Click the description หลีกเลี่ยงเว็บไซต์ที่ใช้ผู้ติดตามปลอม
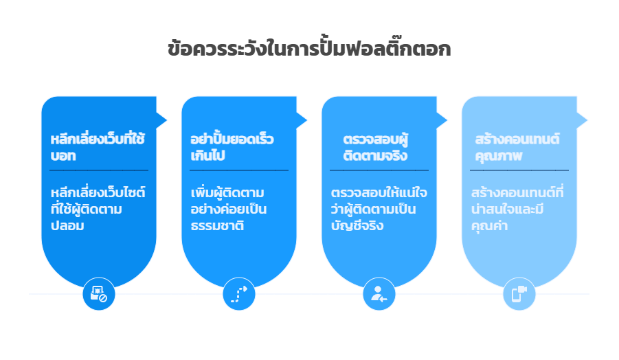[98, 208]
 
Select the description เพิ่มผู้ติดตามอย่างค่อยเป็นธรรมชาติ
[229, 208]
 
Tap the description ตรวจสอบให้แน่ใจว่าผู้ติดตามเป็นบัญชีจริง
[379, 208]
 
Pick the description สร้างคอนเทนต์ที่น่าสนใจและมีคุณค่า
[517, 208]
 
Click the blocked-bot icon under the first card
[99, 294]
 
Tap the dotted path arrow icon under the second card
[239, 294]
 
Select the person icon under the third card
[379, 294]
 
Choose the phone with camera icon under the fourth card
[519, 294]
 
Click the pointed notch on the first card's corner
[162, 120]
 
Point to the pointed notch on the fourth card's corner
[583, 120]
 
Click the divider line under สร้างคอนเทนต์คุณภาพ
[519, 170]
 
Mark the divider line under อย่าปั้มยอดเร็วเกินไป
[239, 170]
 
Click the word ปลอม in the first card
[68, 225]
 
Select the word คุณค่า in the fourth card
[490, 225]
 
